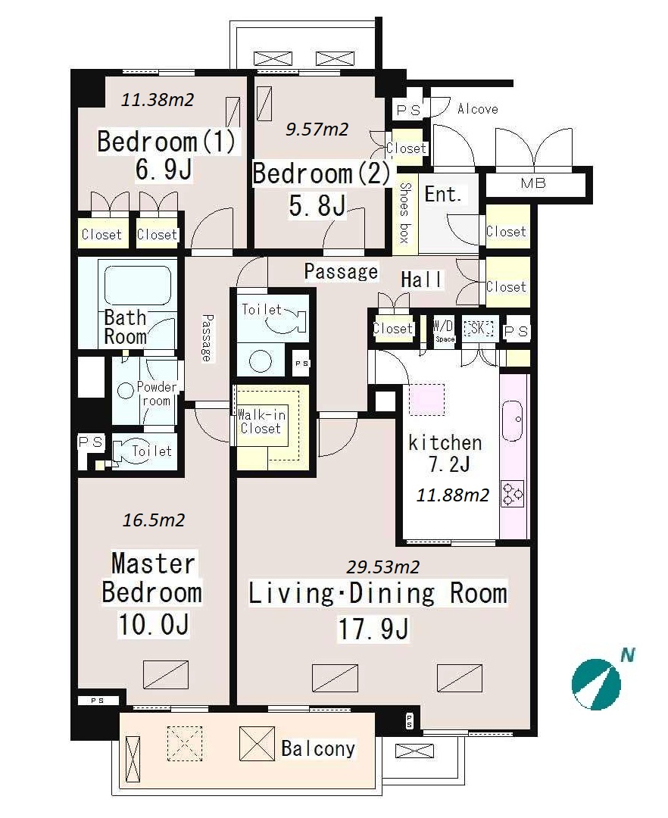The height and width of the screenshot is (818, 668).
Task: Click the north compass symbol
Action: click(596, 684)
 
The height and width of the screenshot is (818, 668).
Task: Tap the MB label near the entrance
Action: click(533, 183)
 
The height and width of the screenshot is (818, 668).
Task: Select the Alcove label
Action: click(478, 109)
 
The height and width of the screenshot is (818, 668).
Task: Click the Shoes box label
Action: click(404, 212)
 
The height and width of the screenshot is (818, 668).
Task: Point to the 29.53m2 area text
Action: click(383, 567)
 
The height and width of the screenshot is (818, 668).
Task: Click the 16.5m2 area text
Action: click(153, 520)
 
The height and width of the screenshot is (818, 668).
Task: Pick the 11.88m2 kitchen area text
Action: click(453, 495)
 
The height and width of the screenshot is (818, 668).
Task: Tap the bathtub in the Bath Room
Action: click(138, 286)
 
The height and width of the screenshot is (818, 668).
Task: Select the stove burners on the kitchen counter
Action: click(512, 495)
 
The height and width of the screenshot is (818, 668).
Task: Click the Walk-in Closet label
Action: click(261, 422)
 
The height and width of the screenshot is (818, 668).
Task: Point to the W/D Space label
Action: click(444, 329)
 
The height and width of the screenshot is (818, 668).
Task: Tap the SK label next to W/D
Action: click(478, 328)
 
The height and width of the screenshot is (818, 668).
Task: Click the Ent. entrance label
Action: click(443, 195)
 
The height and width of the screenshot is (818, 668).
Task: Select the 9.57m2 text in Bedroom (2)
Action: click(317, 129)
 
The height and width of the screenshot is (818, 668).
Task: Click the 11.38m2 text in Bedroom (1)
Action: click(158, 99)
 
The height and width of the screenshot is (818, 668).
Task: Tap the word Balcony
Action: click(318, 748)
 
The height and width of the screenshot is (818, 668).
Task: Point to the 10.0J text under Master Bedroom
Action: click(153, 624)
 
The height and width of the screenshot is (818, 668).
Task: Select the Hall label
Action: click(421, 279)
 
